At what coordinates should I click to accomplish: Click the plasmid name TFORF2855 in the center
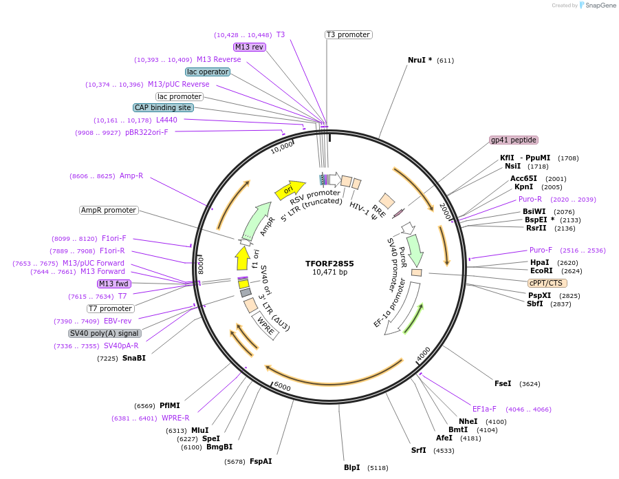(329, 263)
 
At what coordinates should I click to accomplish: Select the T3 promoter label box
(348, 34)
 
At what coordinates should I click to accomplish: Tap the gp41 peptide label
(514, 140)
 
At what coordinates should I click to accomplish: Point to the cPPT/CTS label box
(546, 283)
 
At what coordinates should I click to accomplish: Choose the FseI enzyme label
(503, 383)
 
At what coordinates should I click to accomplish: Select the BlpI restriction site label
(351, 467)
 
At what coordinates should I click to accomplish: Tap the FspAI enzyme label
(261, 461)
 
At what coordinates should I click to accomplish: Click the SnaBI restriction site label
(134, 358)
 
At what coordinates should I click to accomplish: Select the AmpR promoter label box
(109, 210)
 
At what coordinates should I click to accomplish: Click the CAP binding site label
(163, 107)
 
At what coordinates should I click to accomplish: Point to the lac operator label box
(208, 72)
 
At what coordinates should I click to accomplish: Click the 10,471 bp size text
(329, 273)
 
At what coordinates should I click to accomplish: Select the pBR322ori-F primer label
(146, 132)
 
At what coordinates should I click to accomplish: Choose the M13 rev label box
(249, 47)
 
